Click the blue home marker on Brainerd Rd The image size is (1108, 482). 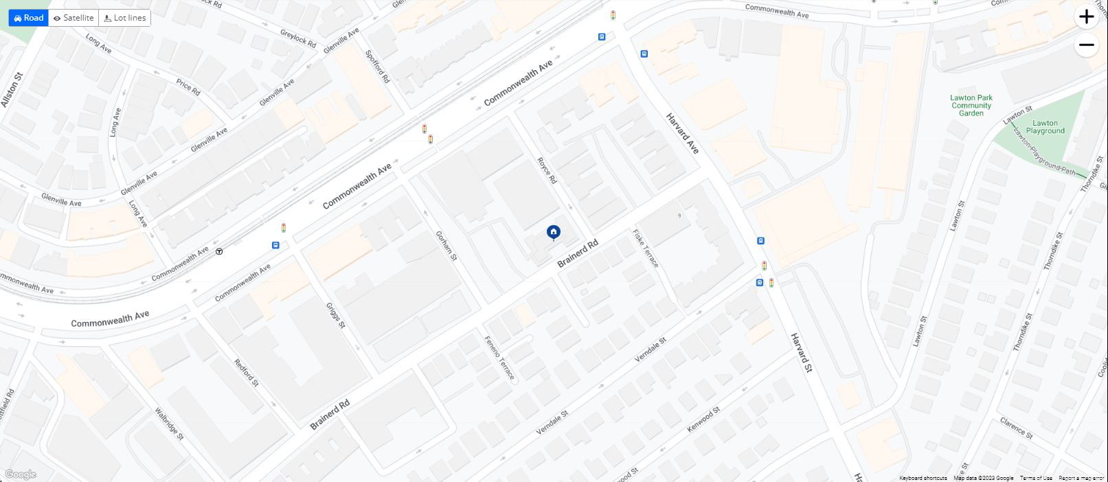point(553,233)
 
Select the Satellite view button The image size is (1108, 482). point(74,18)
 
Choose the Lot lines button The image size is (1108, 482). point(125,18)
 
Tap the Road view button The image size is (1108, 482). point(28,18)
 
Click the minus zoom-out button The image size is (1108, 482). point(1086,45)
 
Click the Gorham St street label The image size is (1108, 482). point(446,245)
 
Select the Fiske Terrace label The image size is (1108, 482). point(646,249)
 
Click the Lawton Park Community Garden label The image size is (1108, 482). point(971,105)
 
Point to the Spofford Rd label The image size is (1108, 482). point(378,67)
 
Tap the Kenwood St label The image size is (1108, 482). point(704,420)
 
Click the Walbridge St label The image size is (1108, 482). point(169,424)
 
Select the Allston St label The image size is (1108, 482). point(12,89)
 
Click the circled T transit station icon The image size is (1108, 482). point(219,251)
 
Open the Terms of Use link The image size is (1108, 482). point(1036,478)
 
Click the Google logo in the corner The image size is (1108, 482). point(20,474)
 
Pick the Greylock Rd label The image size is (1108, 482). point(298,38)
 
